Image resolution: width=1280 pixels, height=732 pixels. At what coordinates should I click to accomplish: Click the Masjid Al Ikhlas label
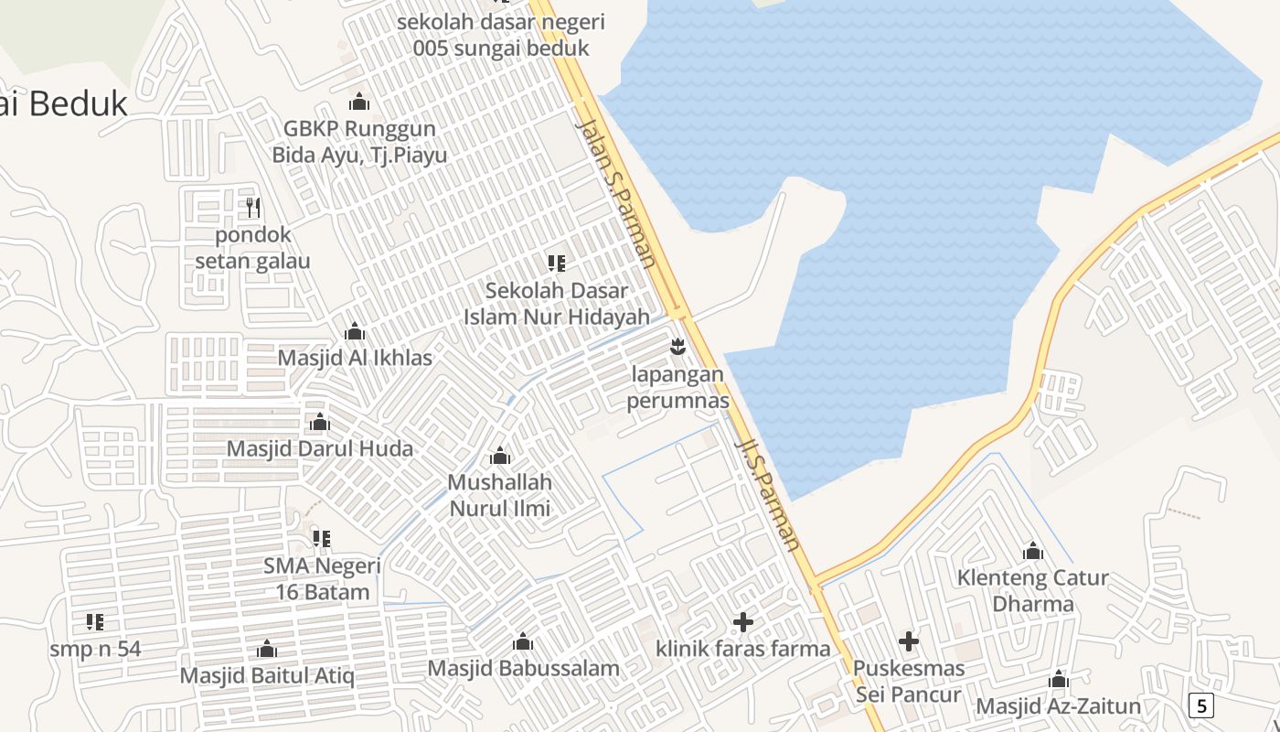point(355,357)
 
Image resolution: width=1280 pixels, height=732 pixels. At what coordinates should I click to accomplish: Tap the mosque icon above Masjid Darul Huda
point(319,422)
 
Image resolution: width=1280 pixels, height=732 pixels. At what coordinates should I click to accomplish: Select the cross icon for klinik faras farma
point(743,622)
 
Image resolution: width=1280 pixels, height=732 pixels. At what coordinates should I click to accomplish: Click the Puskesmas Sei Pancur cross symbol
point(908,641)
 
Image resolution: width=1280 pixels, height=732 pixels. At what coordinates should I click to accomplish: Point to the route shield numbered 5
point(1201,705)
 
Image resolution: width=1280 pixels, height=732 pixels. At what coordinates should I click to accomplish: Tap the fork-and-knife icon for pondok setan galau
point(253,208)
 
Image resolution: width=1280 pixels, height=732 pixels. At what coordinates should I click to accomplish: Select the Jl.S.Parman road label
point(768,494)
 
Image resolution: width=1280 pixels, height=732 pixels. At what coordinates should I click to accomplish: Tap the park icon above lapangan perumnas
point(677,347)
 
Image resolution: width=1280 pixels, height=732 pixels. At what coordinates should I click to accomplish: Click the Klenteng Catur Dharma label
point(1033,591)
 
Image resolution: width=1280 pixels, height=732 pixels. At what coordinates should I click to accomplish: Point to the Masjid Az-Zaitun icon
point(1059,680)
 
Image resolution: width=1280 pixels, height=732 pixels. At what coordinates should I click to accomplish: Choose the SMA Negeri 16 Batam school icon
point(322,539)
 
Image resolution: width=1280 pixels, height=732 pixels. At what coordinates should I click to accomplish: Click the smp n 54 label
point(96,649)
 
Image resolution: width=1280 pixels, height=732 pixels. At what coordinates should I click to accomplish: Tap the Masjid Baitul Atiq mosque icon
point(267,649)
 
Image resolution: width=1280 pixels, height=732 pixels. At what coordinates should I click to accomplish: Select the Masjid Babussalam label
point(524,668)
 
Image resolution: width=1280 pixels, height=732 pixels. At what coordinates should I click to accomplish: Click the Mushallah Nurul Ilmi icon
point(500,456)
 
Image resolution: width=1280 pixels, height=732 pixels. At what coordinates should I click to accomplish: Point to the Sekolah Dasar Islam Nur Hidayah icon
point(556,264)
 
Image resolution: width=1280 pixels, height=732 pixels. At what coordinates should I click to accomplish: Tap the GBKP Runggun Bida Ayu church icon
point(359,102)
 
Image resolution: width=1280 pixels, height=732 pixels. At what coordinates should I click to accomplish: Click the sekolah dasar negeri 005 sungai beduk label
point(501,35)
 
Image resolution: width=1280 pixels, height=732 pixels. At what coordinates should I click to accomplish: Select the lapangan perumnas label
point(677,387)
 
